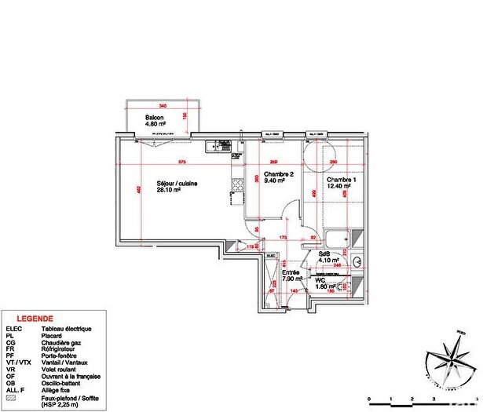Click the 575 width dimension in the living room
(181, 162)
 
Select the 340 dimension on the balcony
(162, 105)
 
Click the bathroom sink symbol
(358, 261)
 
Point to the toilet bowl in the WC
(355, 286)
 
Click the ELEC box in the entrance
(270, 257)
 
